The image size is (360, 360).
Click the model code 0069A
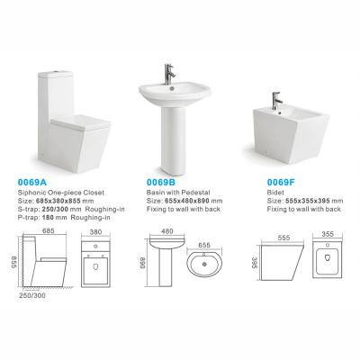point(32,182)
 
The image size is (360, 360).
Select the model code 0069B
point(161,182)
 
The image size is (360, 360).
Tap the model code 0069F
point(281,182)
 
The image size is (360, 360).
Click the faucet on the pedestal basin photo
point(169,74)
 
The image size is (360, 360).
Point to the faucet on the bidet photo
point(276,101)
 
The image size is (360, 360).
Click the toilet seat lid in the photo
point(80,122)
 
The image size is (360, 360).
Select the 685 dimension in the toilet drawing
point(49,230)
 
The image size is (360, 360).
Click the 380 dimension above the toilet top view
point(95,231)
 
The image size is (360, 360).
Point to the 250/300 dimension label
point(32,295)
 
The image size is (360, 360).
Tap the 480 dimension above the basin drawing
point(167,231)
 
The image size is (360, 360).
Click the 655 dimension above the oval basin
point(204,245)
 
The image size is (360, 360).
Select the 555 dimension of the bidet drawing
point(283,238)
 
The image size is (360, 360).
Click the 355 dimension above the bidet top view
point(328,234)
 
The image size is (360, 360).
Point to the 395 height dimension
point(255,263)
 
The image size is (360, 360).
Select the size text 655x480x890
point(188,201)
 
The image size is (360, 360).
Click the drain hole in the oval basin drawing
point(204,265)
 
